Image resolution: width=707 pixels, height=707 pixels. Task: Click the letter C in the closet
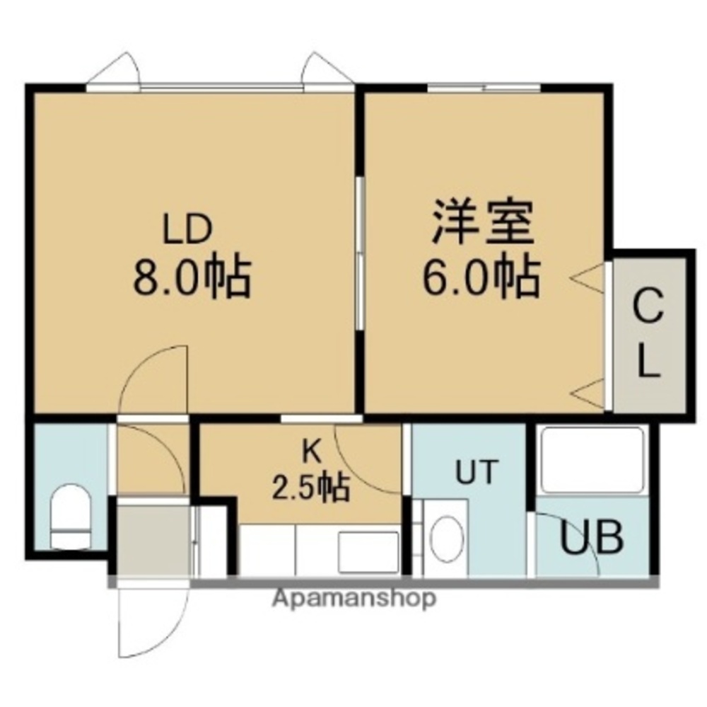648,309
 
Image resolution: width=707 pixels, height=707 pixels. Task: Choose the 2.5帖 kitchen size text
311,487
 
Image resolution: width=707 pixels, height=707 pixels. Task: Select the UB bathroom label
592,538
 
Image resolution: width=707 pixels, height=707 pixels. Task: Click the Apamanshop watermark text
353,599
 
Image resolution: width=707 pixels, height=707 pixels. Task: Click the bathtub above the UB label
592,460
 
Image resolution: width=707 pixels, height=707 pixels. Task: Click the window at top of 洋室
484,88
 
